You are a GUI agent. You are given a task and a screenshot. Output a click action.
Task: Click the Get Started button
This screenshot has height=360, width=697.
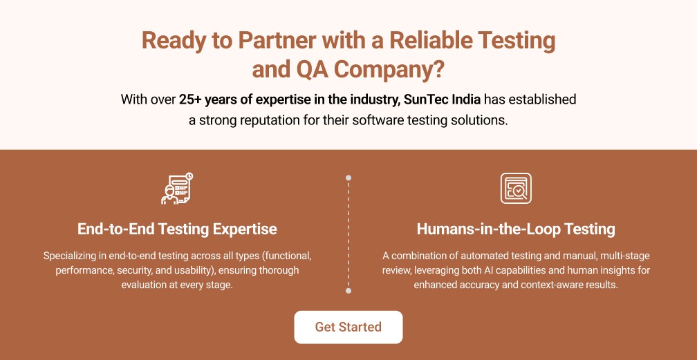point(348,327)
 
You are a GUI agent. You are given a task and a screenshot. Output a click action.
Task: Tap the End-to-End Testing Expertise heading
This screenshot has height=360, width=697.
point(177,229)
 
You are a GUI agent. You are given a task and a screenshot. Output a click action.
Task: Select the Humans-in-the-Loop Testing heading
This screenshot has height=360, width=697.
point(516,229)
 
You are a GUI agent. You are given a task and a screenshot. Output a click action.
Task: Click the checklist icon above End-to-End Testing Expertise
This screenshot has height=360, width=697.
point(176,188)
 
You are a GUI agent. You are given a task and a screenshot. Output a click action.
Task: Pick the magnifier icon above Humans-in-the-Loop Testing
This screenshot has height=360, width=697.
point(516,188)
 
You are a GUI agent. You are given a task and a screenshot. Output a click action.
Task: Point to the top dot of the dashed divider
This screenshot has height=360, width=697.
point(348,178)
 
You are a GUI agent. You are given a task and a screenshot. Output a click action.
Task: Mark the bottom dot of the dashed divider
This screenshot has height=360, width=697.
point(348,291)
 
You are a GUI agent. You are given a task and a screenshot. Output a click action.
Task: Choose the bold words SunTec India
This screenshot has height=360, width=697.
point(442,100)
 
